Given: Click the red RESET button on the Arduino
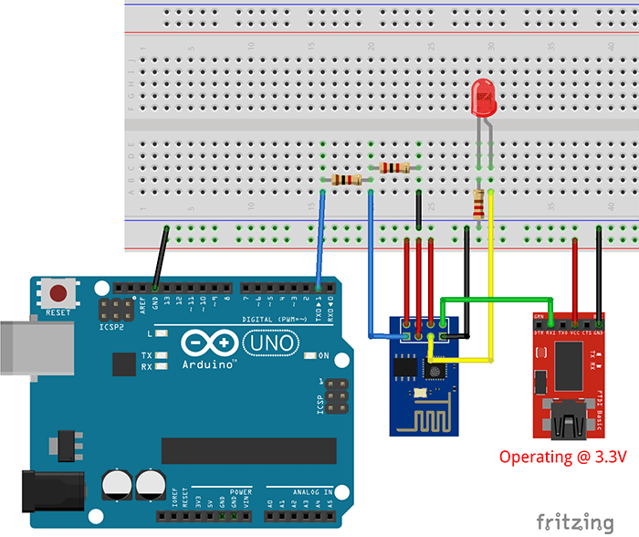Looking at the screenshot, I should [x=60, y=294].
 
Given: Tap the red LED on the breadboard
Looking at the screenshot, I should [x=482, y=99].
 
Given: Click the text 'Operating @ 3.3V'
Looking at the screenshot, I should [x=561, y=457].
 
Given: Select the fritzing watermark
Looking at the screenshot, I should [x=574, y=521].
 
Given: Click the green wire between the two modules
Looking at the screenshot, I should [x=498, y=298].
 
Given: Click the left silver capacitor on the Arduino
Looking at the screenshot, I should [x=118, y=484].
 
